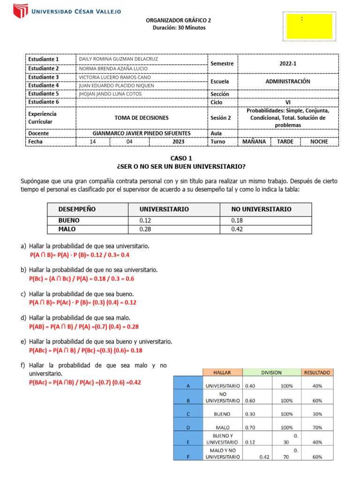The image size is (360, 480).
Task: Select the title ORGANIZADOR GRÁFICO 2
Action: point(179,20)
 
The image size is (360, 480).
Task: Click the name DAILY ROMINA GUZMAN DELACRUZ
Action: point(119,59)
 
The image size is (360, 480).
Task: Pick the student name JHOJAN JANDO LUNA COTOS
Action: point(110,93)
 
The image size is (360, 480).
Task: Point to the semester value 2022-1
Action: point(288,63)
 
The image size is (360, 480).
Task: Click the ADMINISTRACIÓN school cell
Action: point(288,81)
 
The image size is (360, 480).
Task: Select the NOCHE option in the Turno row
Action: point(319,141)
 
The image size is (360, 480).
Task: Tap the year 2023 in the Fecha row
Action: point(178,141)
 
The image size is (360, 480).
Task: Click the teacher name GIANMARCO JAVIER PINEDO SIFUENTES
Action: point(142,133)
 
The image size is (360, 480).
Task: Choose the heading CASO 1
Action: point(180,158)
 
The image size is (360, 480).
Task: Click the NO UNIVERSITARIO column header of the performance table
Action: point(261,209)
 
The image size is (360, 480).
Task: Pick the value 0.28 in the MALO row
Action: point(146,229)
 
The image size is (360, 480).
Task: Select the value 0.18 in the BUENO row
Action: point(238,220)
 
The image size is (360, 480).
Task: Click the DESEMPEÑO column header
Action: point(77,209)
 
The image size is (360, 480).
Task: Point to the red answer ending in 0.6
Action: point(82,278)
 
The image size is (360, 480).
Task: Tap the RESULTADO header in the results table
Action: point(317,373)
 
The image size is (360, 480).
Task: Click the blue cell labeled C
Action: point(187,414)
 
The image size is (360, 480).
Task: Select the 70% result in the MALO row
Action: point(317,427)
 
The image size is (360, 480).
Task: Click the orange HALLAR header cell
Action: point(222,373)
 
